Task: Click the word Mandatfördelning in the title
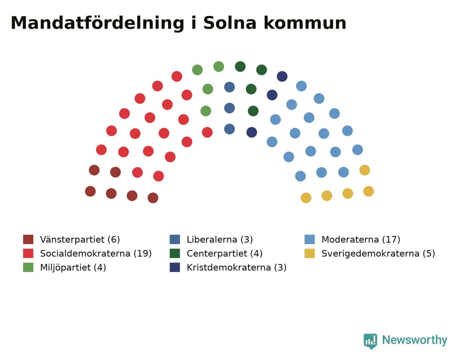coord(97,23)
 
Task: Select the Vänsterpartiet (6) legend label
coord(80,240)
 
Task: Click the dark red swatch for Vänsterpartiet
coord(28,239)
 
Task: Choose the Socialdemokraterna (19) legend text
coord(96,254)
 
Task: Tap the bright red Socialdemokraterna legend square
coord(28,253)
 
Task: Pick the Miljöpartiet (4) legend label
coord(73,268)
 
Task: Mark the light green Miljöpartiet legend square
coord(28,267)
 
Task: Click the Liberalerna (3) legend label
coord(220,240)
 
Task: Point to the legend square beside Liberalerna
coord(175,239)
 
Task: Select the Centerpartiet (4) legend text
coord(225,254)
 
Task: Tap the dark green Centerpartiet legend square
coord(175,253)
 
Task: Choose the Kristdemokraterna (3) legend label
coord(237,268)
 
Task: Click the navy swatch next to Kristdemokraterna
coord(175,267)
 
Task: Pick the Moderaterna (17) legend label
coord(361,240)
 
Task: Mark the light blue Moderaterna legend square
coord(309,239)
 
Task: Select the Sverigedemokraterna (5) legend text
coord(378,254)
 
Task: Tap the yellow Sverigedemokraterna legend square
coord(309,253)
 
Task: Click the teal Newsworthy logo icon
coord(370,342)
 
